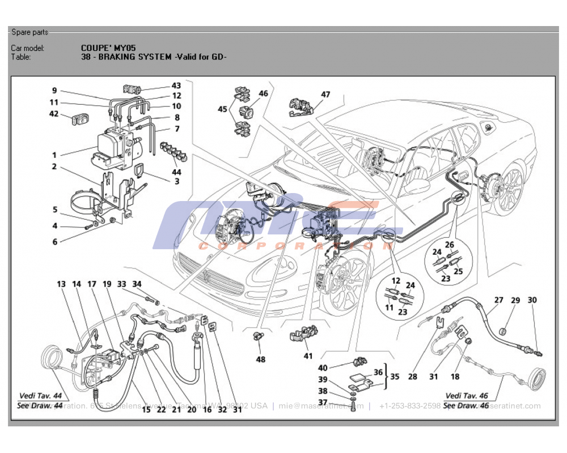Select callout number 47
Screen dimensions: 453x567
[325, 95]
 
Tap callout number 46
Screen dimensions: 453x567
[263, 93]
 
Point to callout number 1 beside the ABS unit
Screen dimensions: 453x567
[54, 155]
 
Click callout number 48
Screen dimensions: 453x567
[260, 359]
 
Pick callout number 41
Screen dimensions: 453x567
[308, 356]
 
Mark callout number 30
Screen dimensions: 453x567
[532, 300]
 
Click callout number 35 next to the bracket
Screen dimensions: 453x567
[395, 375]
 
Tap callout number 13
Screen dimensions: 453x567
[61, 284]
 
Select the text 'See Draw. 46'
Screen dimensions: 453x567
[466, 405]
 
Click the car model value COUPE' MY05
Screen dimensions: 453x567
[108, 48]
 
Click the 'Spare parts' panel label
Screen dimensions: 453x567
[29, 32]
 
